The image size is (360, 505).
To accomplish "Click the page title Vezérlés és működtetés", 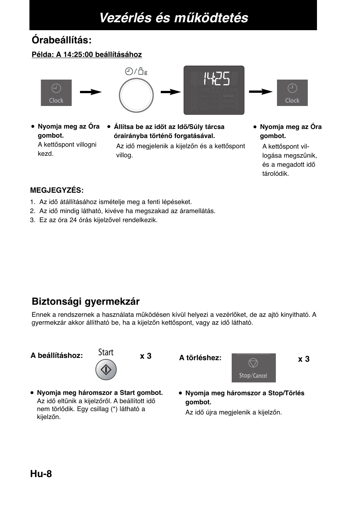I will coord(174,17).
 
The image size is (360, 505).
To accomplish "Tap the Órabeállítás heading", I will coord(62,40).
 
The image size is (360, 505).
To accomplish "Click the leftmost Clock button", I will coord(56,93).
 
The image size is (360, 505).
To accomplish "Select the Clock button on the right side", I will coord(292,93).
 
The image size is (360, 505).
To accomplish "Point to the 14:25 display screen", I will coord(214,90).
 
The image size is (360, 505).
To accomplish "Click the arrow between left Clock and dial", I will coord(91,92).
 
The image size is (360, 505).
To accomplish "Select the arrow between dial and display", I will coord(171,92).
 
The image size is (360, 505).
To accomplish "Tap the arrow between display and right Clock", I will coord(261,92).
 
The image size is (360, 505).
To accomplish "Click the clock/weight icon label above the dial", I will coord(136,71).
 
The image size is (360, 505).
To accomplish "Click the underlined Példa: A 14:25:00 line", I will coord(87,54).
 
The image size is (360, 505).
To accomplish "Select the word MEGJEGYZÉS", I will coord(57,190).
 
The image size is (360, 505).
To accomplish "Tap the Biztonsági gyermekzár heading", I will coord(86,301).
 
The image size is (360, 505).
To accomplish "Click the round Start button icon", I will coord(106,370).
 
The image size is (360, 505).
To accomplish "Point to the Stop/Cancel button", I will coord(253,368).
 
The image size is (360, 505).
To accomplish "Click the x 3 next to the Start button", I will coord(146,356).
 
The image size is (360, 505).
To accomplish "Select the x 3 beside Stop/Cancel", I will coord(304,359).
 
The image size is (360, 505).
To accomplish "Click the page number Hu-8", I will coord(41,474).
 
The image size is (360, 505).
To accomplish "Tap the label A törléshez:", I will coord(200,358).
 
